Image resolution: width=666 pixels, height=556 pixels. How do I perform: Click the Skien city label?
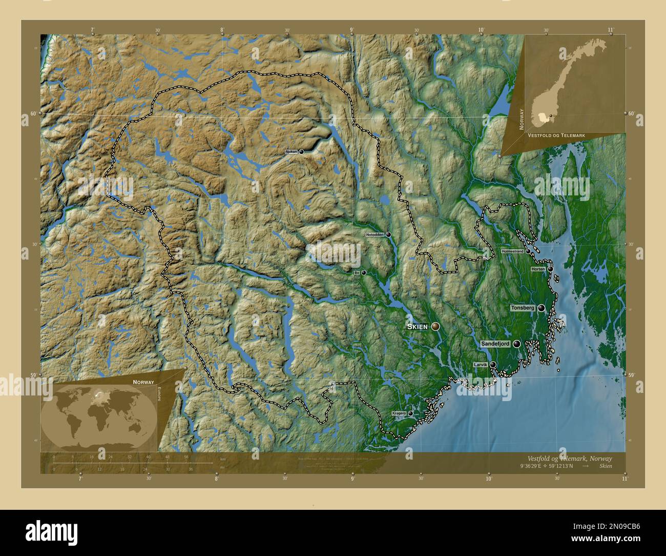(x=418, y=327)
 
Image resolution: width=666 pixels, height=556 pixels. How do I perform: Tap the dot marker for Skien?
(x=436, y=326)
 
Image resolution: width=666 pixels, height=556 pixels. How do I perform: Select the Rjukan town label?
(x=290, y=152)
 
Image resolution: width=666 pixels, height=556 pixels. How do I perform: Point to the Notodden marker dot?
(x=389, y=234)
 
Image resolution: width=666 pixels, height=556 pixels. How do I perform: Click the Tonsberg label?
(x=523, y=308)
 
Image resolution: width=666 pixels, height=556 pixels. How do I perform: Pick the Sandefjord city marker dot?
(x=516, y=344)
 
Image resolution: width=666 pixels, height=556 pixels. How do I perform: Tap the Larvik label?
(x=481, y=365)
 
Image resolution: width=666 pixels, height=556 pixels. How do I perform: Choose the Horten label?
(x=538, y=269)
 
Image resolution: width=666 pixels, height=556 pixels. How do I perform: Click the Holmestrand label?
(x=512, y=251)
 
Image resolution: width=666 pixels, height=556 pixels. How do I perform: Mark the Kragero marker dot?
(x=410, y=413)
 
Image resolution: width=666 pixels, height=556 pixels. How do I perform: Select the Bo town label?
(x=357, y=273)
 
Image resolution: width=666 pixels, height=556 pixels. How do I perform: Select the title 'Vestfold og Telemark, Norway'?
(x=569, y=458)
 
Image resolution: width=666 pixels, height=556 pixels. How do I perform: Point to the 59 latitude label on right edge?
(x=638, y=375)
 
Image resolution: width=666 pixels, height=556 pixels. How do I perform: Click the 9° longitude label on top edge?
(x=352, y=29)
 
